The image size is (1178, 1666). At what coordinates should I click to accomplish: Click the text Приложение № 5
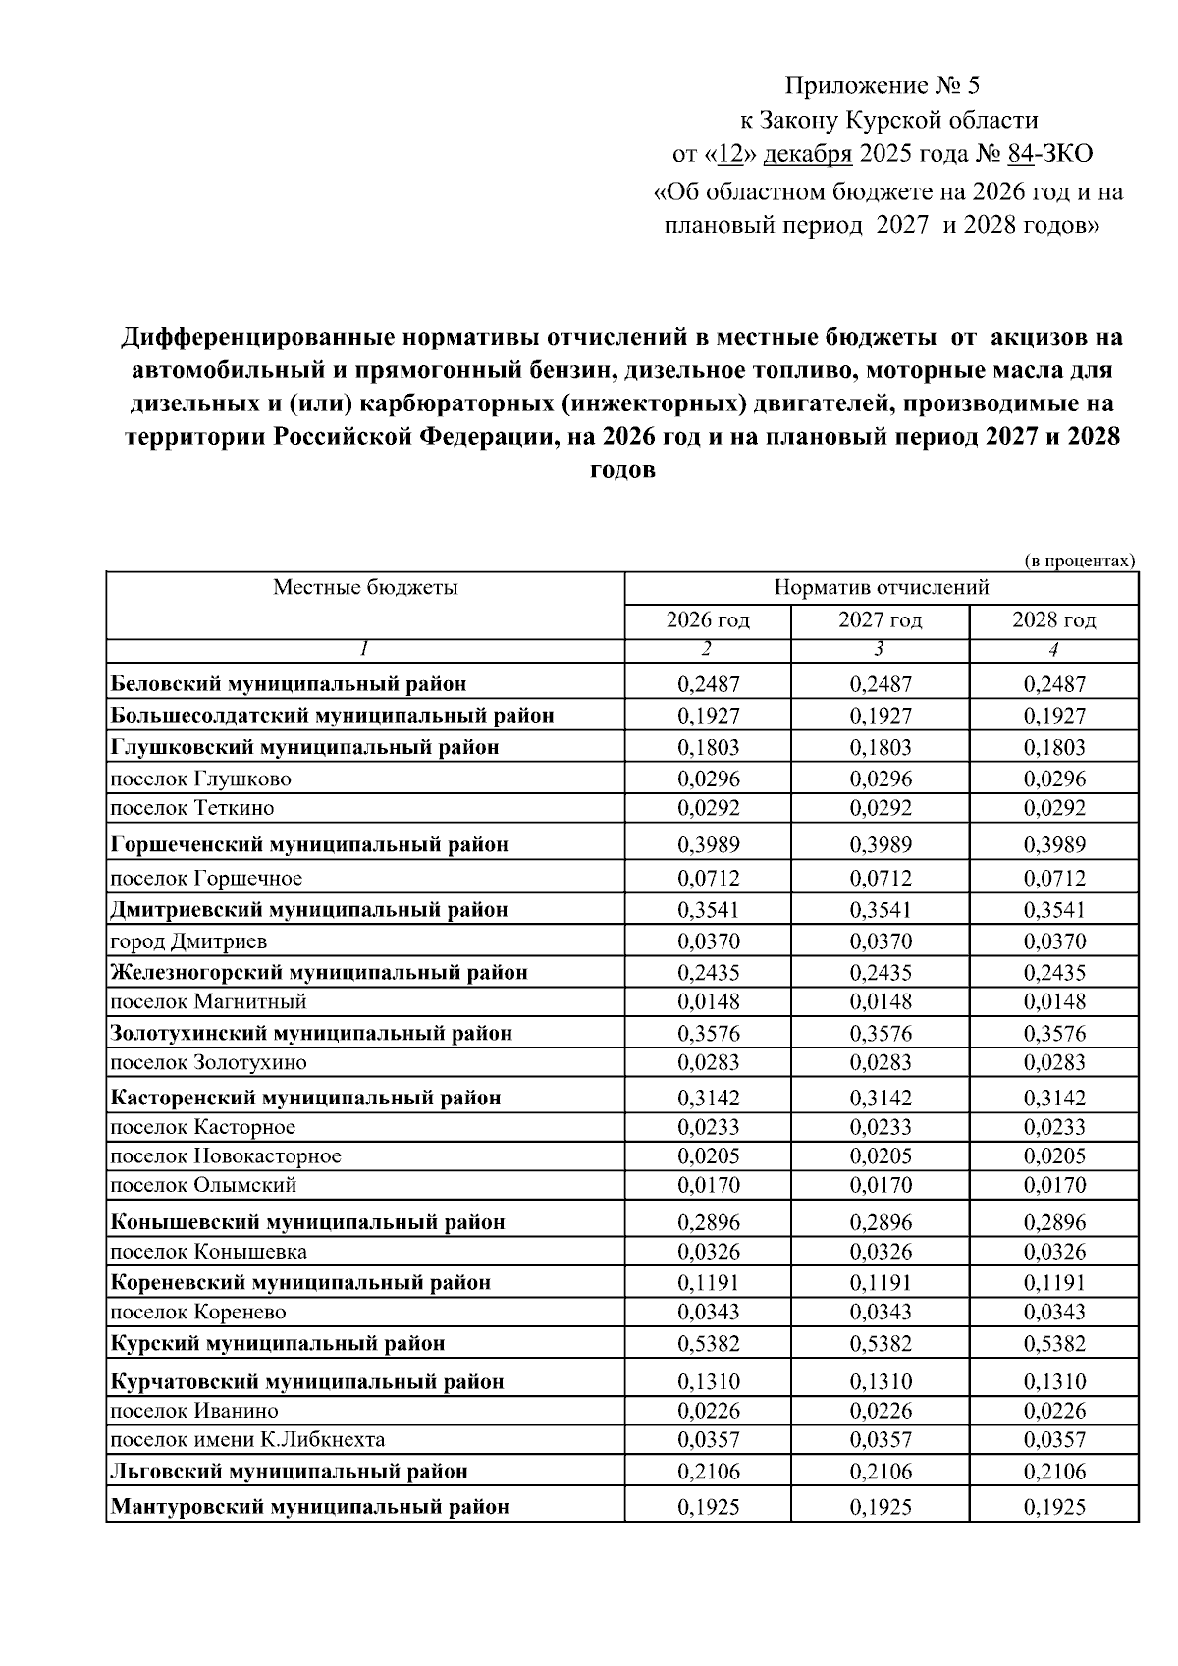[x=882, y=85]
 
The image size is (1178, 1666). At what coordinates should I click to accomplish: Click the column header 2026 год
[x=708, y=620]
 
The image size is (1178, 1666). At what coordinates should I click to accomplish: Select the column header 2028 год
[x=1053, y=620]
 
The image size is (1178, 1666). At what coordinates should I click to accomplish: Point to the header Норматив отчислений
[x=881, y=588]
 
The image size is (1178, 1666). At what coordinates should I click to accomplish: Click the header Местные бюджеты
[x=365, y=588]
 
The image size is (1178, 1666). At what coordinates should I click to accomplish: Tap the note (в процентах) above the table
[x=1079, y=562]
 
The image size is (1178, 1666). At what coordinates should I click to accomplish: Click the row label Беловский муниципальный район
[x=289, y=683]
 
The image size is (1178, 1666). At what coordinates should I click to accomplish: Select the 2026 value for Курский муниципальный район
[x=708, y=1343]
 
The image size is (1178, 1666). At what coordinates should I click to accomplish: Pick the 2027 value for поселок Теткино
[x=880, y=808]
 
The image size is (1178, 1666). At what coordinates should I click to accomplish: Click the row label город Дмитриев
[x=188, y=941]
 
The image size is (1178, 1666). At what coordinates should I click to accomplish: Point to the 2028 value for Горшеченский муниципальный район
[x=1054, y=844]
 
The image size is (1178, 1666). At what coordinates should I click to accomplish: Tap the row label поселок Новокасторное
[x=226, y=1155]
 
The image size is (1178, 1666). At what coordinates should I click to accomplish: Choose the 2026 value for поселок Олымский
[x=708, y=1185]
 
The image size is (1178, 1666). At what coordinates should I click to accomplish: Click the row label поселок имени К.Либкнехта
[x=247, y=1440]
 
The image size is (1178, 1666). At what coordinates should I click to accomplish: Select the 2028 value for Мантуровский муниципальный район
[x=1054, y=1506]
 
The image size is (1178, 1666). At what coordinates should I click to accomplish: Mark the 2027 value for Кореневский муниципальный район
[x=880, y=1282]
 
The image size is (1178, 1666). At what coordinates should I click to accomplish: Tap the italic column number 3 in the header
[x=879, y=649]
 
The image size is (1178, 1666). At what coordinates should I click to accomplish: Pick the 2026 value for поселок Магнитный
[x=708, y=1001]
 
